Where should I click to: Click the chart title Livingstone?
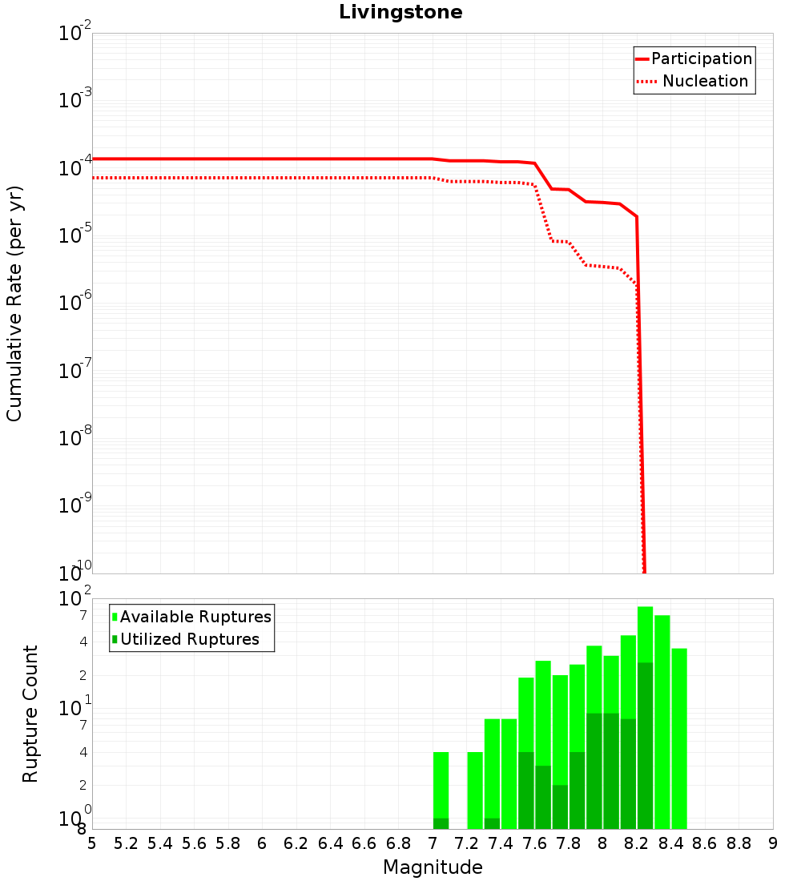[x=400, y=12]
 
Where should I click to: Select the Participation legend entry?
[x=702, y=58]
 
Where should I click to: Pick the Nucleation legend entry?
[x=705, y=81]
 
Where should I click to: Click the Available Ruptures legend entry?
[x=195, y=617]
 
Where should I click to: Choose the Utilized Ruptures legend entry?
[x=189, y=639]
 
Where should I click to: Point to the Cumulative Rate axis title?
[x=15, y=303]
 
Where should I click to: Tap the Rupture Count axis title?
[x=30, y=714]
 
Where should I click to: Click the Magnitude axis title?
[x=433, y=867]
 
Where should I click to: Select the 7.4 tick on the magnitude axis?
[x=501, y=843]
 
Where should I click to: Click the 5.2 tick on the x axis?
[x=126, y=843]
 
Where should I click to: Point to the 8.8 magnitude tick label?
[x=739, y=843]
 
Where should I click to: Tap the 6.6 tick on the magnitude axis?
[x=364, y=843]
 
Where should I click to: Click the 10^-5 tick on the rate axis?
[x=76, y=234]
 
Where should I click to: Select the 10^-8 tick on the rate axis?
[x=76, y=436]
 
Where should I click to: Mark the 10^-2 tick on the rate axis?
[x=76, y=34]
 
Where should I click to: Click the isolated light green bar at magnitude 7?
[x=441, y=785]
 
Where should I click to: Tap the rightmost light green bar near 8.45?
[x=679, y=737]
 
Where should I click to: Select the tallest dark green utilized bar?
[x=646, y=745]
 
